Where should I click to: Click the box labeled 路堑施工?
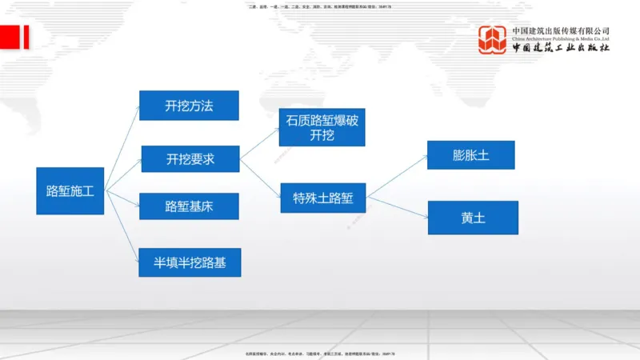(70, 190)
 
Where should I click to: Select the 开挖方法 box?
(189, 106)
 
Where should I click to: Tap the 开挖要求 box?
(190, 159)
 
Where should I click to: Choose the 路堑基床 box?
(189, 206)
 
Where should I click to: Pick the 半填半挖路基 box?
(190, 262)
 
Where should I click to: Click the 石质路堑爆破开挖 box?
(322, 127)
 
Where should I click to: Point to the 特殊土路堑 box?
(322, 198)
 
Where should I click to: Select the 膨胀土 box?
(470, 155)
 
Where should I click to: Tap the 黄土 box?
(473, 218)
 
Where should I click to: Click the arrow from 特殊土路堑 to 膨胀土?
(397, 176)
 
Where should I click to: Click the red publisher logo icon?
(493, 40)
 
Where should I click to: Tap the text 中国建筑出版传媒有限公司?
(561, 30)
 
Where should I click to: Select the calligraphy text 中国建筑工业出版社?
(561, 48)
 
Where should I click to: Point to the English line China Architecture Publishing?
(561, 38)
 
